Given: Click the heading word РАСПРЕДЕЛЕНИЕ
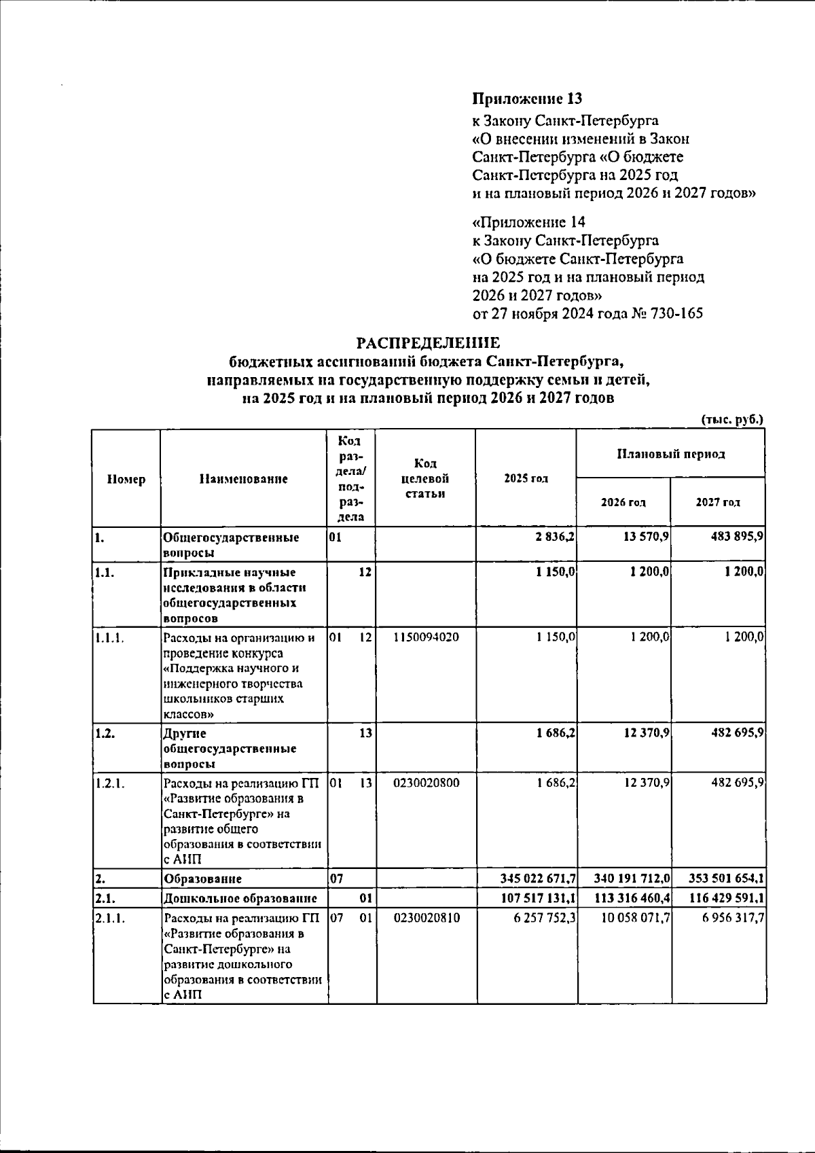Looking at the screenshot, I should point(429,343).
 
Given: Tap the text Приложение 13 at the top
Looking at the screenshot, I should point(527,99).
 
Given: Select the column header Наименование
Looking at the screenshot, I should point(243,479).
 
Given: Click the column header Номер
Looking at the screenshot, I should point(126,479).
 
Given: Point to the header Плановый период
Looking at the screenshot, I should point(670,454).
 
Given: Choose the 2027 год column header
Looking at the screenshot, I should point(718,503).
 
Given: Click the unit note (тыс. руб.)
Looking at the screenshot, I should point(732,419).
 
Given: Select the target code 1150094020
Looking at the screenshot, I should point(426,637).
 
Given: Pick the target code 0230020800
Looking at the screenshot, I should point(426,783).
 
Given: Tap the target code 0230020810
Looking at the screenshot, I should point(426,918).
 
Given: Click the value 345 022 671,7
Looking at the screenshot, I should point(538,879).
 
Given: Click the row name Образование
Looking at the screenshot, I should point(203,879).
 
